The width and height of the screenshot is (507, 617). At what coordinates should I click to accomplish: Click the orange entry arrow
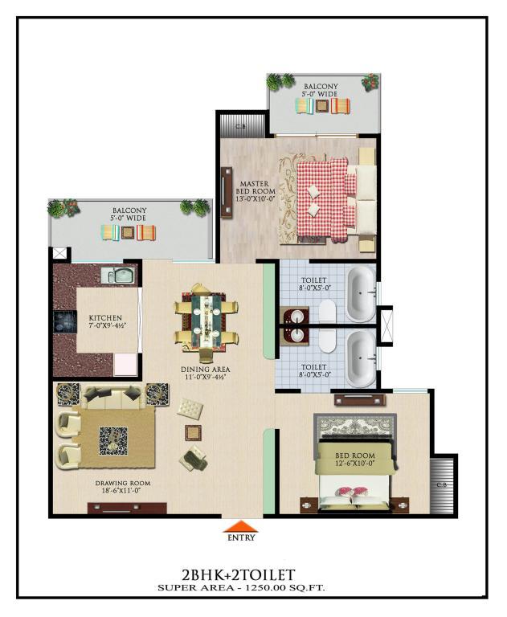coord(240,527)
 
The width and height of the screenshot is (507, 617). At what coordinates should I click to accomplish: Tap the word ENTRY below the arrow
coord(241,537)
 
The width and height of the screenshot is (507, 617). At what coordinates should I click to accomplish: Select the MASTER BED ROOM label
coord(255,191)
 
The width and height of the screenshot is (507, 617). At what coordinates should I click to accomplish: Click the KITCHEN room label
coord(105,318)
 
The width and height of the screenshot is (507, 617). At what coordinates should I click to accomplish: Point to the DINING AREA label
coord(206,370)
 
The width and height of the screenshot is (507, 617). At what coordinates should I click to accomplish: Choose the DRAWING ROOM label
coord(123,483)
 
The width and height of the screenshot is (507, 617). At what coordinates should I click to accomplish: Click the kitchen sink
coord(118,275)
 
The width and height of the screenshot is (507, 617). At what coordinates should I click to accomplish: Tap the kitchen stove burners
coord(64,322)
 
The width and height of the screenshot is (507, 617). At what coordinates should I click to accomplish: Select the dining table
coord(206,322)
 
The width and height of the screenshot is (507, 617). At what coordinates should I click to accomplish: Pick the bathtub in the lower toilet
coord(361,359)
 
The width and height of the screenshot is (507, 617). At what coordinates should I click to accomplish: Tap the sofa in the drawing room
coord(113,398)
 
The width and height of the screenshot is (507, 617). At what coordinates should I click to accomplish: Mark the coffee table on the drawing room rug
coord(113,441)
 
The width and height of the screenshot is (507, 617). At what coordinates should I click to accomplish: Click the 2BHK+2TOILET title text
coord(238,575)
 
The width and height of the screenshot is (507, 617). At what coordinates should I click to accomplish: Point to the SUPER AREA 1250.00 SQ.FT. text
coord(241,588)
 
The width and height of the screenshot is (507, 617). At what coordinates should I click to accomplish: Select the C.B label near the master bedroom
coord(240,127)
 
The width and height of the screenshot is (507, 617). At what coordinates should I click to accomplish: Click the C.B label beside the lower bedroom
coord(442,485)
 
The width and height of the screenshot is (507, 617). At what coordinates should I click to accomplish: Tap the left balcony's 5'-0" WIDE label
coord(128,218)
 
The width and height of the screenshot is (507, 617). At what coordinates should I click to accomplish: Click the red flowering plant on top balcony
coord(370,82)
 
